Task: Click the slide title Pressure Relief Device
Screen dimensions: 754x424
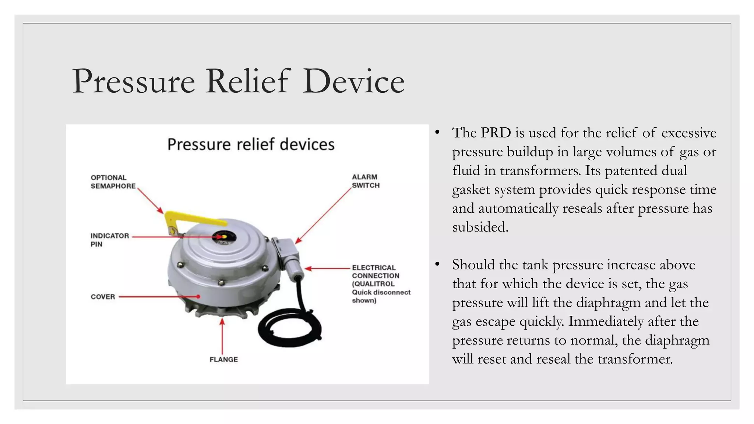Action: click(x=239, y=81)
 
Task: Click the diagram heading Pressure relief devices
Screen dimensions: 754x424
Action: click(x=251, y=144)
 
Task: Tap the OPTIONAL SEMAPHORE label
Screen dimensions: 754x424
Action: click(x=113, y=182)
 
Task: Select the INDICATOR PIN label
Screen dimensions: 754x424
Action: click(x=110, y=240)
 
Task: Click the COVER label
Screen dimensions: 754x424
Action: click(x=103, y=297)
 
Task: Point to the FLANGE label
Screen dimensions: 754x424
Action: click(x=224, y=360)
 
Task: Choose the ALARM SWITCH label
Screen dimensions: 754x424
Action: click(x=366, y=181)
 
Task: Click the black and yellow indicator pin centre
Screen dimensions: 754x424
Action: click(x=223, y=237)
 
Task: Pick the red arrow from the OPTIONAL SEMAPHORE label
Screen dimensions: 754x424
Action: click(x=150, y=201)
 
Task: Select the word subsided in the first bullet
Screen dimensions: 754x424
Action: click(x=480, y=227)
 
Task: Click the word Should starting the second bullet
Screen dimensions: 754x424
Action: click(x=473, y=265)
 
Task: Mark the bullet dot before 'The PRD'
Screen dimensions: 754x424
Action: click(x=437, y=133)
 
